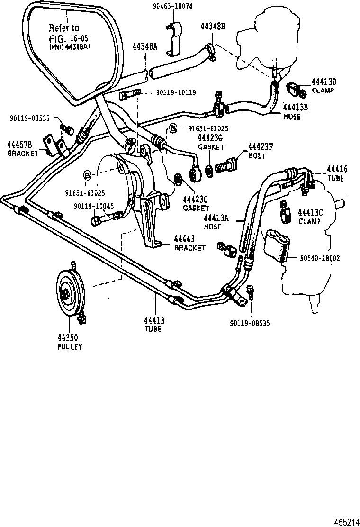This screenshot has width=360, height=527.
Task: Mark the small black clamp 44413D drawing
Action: [x=294, y=88]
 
